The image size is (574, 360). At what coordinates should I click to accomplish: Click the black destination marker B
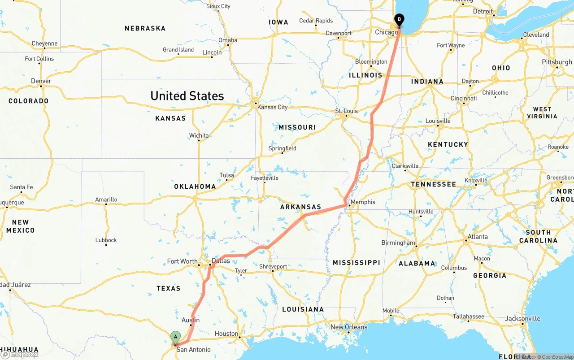[399, 20]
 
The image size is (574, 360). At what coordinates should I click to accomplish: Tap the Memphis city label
[363, 202]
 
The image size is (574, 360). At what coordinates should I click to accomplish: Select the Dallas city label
[221, 260]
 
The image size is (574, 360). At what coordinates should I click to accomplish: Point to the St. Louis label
[346, 111]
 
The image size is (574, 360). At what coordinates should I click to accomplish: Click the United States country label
[187, 96]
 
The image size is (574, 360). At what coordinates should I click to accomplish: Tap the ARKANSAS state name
[300, 207]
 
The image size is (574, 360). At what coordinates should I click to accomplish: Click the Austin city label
[191, 320]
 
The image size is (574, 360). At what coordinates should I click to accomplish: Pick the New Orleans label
[349, 327]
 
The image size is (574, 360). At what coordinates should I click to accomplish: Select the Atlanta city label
[478, 237]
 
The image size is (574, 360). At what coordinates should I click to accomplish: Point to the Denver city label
[41, 81]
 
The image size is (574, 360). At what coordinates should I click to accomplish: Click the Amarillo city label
[106, 200]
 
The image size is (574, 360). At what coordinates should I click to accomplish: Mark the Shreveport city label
[273, 266]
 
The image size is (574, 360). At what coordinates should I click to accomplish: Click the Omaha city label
[228, 40]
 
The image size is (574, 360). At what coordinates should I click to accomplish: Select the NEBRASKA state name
[145, 28]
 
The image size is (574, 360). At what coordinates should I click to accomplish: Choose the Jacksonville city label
[523, 319]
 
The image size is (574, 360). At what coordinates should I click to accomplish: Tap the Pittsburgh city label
[557, 62]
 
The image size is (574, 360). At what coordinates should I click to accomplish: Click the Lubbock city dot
[106, 246]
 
